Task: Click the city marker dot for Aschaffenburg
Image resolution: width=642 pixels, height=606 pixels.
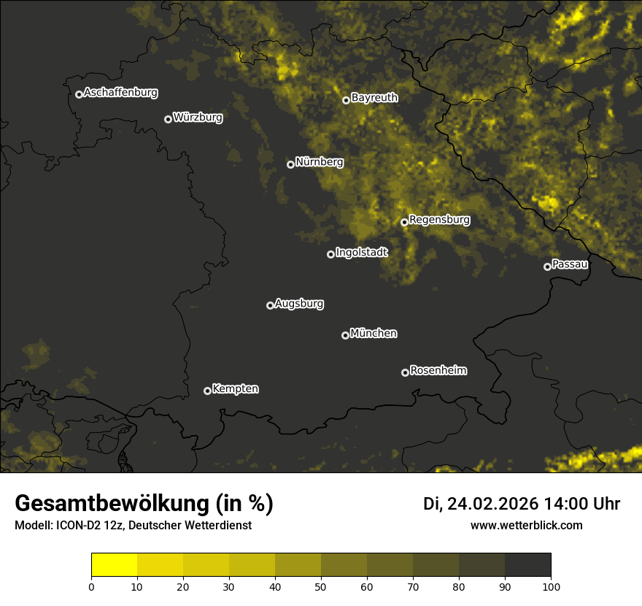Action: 79,94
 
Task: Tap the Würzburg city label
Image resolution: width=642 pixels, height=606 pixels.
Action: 198,117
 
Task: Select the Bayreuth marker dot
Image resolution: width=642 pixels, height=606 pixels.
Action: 346,100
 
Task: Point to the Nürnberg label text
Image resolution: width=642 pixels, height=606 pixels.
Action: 320,162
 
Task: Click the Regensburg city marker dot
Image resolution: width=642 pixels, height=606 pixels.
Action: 404,222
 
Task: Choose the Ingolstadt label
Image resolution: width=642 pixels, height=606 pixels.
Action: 362,253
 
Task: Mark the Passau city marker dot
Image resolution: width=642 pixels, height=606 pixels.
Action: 547,266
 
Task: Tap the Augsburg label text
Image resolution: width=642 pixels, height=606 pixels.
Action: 299,304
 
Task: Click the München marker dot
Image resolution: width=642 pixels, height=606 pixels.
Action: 345,335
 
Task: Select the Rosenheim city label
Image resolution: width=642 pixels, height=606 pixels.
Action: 438,371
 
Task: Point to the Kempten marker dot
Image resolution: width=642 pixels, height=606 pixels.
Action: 207,391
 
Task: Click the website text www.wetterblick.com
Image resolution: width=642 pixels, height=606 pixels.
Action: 527,525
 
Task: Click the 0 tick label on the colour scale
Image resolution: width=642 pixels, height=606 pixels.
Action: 91,586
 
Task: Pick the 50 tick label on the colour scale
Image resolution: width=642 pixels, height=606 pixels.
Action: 321,586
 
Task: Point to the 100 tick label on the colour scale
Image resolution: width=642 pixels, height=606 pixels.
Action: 551,586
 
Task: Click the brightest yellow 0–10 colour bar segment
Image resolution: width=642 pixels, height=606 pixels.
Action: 115,565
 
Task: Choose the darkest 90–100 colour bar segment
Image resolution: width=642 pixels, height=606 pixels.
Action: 528,565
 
